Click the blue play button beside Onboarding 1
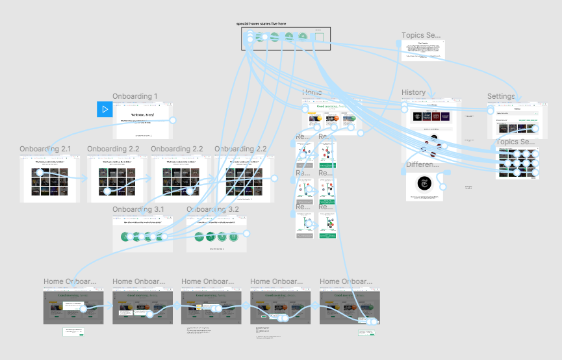105,109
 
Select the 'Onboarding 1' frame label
134,97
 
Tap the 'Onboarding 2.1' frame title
45,149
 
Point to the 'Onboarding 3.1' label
138,210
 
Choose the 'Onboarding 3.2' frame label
212,210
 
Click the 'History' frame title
413,93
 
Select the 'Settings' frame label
501,97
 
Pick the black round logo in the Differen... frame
424,185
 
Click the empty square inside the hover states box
318,38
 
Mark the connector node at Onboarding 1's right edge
173,120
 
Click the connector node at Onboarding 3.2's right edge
246,233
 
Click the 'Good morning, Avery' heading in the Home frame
333,105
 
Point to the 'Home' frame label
312,93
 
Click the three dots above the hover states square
318,31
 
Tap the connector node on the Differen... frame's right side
443,186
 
